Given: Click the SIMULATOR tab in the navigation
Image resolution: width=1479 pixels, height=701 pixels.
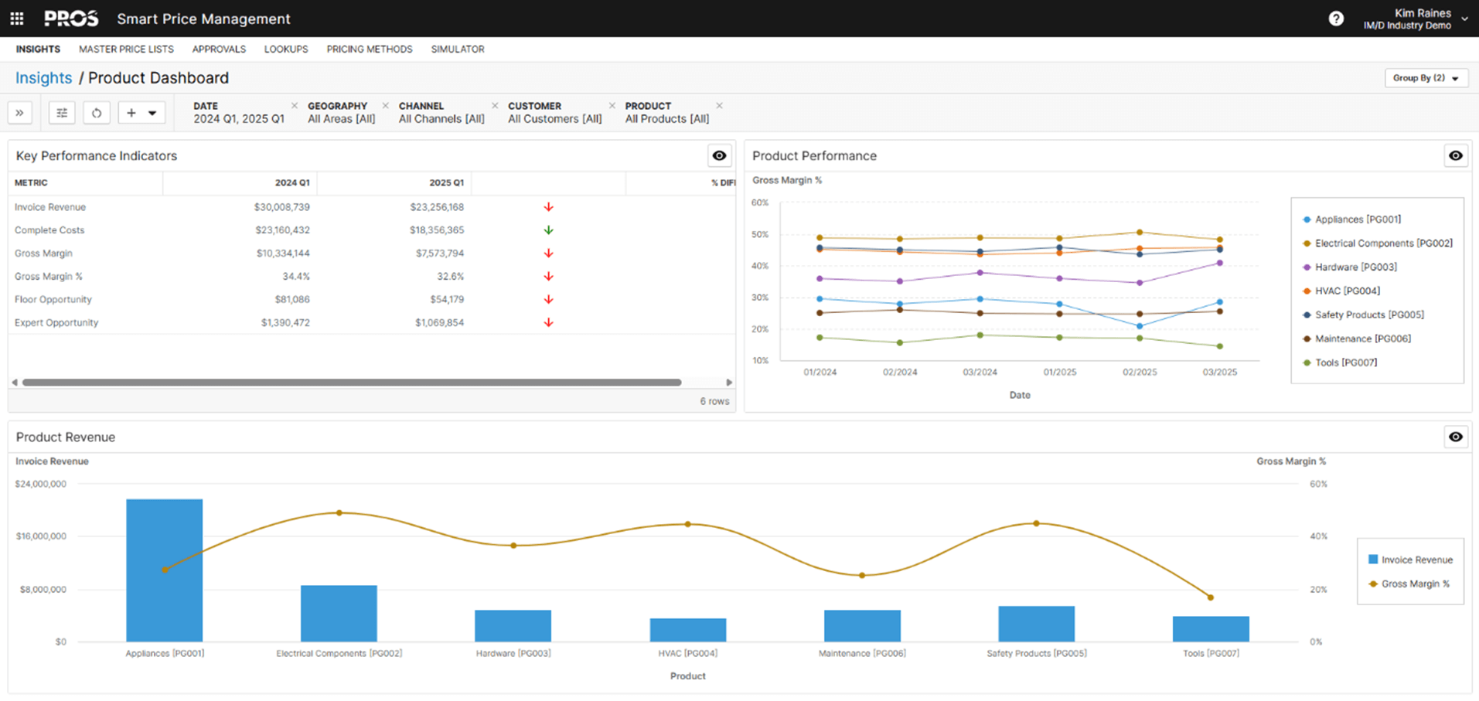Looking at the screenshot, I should click(x=457, y=49).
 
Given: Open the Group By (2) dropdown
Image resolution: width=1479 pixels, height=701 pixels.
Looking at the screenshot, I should click(x=1426, y=78).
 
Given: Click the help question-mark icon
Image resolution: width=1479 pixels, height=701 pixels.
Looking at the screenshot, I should click(x=1336, y=19).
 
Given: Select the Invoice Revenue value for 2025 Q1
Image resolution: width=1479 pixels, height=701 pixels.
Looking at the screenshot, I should click(x=437, y=207).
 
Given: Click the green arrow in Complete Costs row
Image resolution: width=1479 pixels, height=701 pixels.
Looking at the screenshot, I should click(x=548, y=230).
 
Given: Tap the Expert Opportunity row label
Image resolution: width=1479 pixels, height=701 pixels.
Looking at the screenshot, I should click(x=56, y=322).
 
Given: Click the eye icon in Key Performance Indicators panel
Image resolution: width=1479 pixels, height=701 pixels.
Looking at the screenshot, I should click(x=719, y=155).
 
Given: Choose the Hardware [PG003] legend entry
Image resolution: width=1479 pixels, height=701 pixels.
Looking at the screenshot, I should click(x=1355, y=267).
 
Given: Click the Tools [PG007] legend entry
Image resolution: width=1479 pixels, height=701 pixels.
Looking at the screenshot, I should click(x=1345, y=362).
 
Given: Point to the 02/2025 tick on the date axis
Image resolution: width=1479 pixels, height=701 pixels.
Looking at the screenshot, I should click(x=1140, y=372).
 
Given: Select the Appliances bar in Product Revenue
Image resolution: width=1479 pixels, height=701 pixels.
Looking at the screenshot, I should click(x=165, y=570).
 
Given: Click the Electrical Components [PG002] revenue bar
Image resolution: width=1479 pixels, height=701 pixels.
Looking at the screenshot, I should click(x=339, y=613).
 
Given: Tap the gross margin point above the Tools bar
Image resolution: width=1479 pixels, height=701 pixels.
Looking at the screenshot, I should click(x=1211, y=597).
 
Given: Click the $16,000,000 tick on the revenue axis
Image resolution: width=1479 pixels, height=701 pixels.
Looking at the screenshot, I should click(x=41, y=536).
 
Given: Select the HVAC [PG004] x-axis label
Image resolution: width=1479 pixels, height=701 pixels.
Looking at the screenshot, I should click(x=687, y=653).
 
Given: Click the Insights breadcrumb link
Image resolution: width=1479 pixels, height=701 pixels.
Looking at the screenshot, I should click(x=43, y=78).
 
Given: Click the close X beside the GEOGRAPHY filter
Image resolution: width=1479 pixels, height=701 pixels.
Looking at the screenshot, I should click(x=386, y=106).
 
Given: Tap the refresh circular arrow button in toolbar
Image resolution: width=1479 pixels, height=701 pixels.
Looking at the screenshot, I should click(x=97, y=113).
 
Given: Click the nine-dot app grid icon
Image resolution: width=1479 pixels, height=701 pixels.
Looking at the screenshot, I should click(x=17, y=19).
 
